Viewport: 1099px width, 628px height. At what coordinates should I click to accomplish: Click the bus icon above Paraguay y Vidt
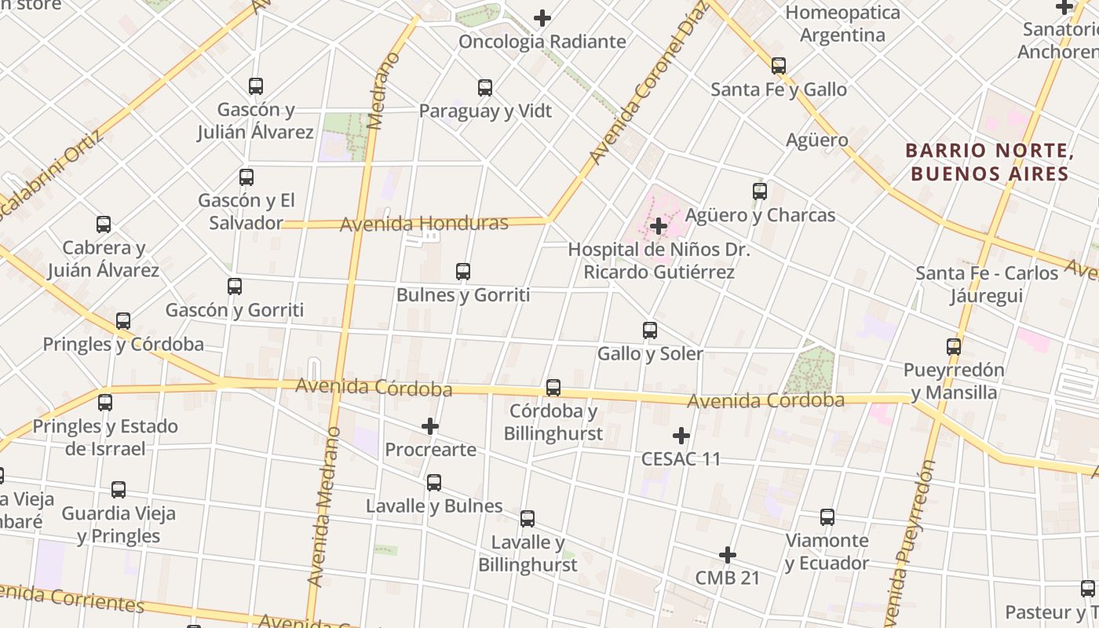coord(485,88)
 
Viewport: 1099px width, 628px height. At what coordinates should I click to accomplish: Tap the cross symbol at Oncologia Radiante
coord(542,18)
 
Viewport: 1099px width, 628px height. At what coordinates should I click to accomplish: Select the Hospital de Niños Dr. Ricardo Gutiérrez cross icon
coord(659,227)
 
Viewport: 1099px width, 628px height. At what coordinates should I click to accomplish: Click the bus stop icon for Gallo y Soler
coord(650,330)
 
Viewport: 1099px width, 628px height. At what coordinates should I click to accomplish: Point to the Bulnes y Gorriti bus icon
coord(463,272)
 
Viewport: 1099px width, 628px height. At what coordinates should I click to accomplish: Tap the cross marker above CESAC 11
coord(681,436)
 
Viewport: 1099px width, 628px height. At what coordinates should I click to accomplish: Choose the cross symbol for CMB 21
coord(728,556)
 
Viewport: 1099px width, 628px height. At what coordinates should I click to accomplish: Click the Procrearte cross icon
coord(430,426)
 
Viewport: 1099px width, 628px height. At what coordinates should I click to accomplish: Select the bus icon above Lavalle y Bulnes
coord(434,483)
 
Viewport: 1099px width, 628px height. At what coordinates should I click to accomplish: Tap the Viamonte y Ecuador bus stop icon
coord(827,517)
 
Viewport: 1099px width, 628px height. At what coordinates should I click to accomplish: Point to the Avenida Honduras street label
coord(424,224)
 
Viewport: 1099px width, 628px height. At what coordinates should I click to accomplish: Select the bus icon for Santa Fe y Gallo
coord(779,66)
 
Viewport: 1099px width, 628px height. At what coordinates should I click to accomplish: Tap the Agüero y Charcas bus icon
coord(760,192)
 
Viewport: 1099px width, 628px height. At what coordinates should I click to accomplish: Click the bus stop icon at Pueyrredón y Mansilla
coord(954,347)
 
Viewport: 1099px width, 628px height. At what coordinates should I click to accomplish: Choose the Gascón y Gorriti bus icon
coord(235,287)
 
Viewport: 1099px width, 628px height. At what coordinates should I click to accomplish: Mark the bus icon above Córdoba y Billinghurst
coord(553,388)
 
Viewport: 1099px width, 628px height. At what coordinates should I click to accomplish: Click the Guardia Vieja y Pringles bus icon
coord(119,491)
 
